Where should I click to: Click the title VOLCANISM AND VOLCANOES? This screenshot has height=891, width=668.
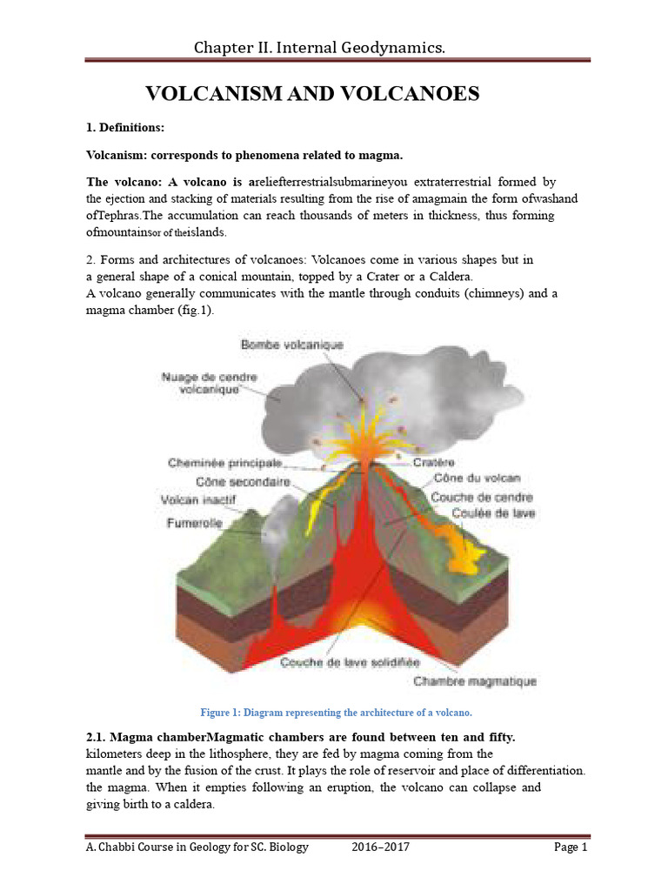pyautogui.click(x=311, y=94)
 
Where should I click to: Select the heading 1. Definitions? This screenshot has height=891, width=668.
pyautogui.click(x=125, y=128)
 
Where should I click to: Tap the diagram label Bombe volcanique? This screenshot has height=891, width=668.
pyautogui.click(x=291, y=345)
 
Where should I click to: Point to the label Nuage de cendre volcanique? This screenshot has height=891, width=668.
pyautogui.click(x=202, y=384)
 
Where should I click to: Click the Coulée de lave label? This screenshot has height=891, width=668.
pyautogui.click(x=493, y=513)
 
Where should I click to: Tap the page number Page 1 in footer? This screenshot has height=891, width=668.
pyautogui.click(x=571, y=847)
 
